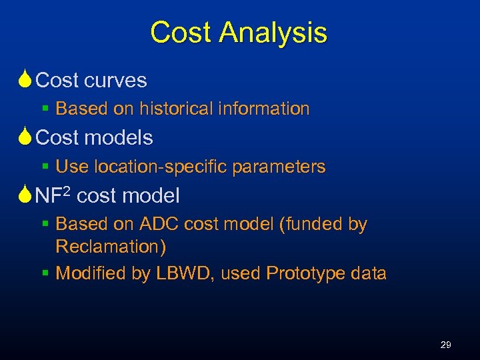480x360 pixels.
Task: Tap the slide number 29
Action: (446, 345)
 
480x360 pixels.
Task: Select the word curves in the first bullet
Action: (116, 81)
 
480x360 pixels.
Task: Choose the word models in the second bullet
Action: (120, 138)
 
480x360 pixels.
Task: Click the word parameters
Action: (279, 167)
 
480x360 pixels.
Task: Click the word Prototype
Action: (304, 273)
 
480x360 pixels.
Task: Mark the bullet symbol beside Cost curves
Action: (25, 81)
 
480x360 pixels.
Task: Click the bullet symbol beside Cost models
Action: (25, 138)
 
